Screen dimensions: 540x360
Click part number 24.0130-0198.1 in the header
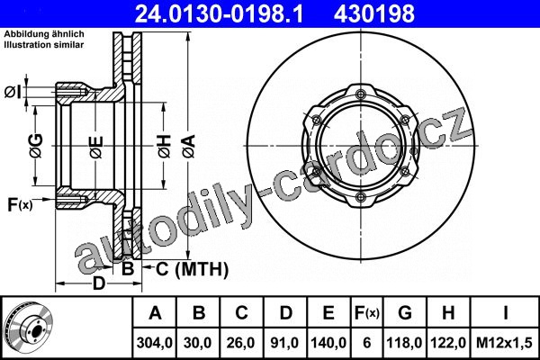[x=219, y=14]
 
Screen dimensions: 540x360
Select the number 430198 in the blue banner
[x=374, y=14]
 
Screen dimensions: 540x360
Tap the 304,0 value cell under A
[x=154, y=343]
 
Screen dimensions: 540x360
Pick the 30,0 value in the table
[x=198, y=343]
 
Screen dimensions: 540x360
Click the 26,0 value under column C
[x=241, y=343]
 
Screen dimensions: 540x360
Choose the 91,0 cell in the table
[x=284, y=343]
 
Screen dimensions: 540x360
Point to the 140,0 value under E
[x=328, y=343]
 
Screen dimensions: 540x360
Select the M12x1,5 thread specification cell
[x=504, y=343]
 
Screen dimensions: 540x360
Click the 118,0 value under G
[x=405, y=343]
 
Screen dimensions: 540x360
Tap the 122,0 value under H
[x=448, y=343]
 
